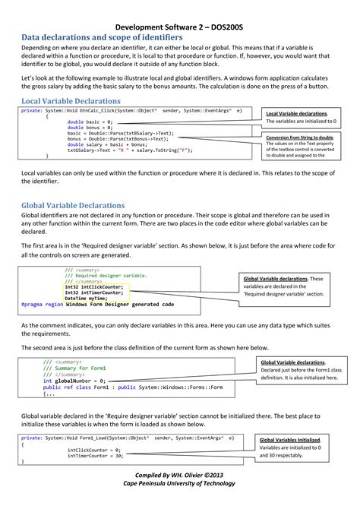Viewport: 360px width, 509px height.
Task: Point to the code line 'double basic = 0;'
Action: point(90,122)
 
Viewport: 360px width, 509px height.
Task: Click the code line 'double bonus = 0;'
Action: point(90,128)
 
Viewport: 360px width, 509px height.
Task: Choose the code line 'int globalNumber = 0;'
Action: point(74,381)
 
